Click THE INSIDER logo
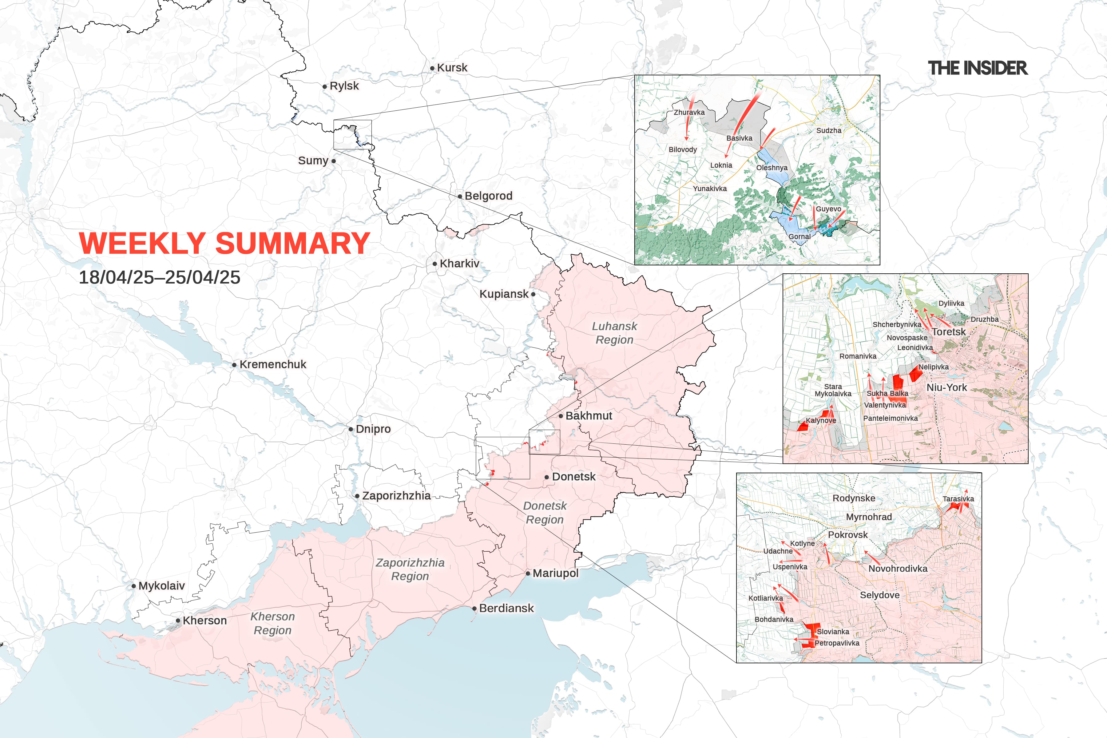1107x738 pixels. [978, 68]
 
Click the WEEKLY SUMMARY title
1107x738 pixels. [224, 243]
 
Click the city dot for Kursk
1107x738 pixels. [432, 68]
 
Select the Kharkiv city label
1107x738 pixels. [459, 264]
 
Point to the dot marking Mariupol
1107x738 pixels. [528, 573]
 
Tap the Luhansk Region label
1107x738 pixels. [614, 333]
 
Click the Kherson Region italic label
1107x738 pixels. [272, 623]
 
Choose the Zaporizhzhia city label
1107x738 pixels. [396, 496]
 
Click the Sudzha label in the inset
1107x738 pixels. [828, 130]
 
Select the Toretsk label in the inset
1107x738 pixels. [948, 332]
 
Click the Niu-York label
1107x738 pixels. [946, 387]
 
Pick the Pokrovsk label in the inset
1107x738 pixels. [848, 535]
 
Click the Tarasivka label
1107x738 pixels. [958, 499]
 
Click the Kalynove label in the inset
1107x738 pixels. [821, 420]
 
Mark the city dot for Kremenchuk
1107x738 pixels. [234, 365]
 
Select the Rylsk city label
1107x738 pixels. [344, 86]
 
